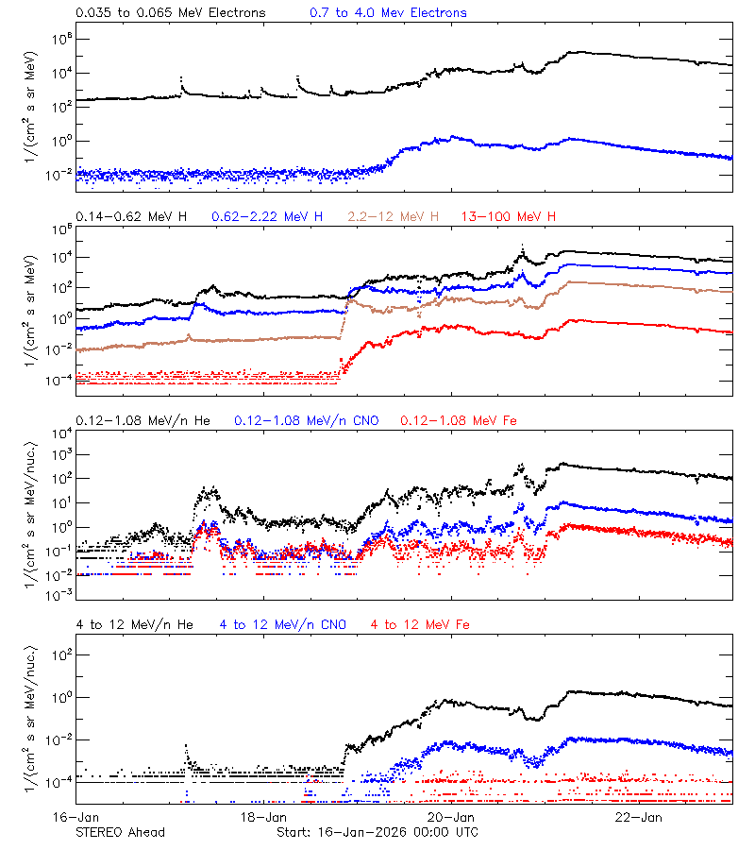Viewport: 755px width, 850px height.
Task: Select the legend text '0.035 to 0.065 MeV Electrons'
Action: point(170,13)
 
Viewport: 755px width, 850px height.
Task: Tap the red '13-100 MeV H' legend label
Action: point(509,217)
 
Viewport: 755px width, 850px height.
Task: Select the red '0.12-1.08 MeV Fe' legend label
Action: point(459,420)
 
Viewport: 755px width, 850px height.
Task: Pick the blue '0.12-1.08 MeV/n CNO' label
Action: point(307,420)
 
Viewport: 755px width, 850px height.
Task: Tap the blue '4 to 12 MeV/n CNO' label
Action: point(283,624)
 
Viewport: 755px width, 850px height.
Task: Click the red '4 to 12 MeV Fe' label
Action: point(420,624)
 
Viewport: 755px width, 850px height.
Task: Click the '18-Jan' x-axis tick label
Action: point(263,817)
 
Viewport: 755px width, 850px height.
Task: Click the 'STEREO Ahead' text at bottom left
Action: point(120,832)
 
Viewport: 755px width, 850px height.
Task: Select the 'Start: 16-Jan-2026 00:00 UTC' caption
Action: point(377,832)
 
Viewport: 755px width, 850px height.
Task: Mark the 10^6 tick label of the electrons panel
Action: point(60,39)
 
